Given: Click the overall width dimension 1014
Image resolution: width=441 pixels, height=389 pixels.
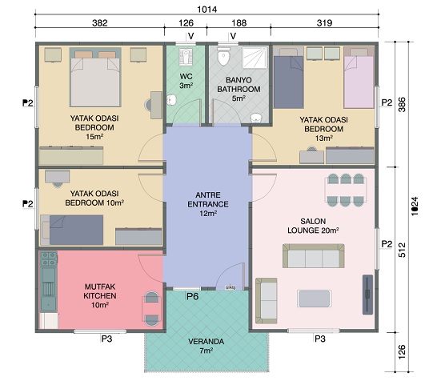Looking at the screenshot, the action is click(206, 10).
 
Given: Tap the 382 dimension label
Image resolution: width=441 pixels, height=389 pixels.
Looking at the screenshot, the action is click(99, 22).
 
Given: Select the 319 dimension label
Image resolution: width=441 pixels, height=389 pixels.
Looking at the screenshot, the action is click(324, 22).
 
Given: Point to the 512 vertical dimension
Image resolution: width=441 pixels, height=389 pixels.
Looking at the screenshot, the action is click(403, 250).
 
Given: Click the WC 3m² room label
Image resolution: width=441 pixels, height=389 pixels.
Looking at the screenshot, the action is click(186, 81).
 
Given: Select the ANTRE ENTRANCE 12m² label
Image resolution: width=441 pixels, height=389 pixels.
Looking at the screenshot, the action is click(208, 204).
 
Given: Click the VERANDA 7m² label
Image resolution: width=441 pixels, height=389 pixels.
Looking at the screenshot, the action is click(206, 346).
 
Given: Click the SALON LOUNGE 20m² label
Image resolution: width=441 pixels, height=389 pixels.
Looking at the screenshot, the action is click(313, 226).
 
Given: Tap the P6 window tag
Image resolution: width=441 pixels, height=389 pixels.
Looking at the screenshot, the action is click(193, 296).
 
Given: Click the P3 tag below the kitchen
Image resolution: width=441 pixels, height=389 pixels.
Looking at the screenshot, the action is click(106, 339).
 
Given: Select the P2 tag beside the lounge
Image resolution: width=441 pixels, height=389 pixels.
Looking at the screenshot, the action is click(387, 244).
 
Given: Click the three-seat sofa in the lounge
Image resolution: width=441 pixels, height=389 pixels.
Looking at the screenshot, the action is click(313, 256).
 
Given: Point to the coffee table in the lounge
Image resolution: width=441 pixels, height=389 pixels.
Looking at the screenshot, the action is click(314, 299).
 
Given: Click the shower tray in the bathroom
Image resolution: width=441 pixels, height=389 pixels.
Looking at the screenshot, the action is click(255, 58).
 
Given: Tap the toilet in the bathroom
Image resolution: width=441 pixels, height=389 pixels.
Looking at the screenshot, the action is click(223, 56).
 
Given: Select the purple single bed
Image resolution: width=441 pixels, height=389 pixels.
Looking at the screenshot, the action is click(359, 78).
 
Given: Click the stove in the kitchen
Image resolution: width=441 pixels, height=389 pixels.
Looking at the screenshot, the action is click(49, 259).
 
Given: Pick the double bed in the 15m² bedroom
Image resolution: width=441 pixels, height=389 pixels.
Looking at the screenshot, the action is click(95, 77).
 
